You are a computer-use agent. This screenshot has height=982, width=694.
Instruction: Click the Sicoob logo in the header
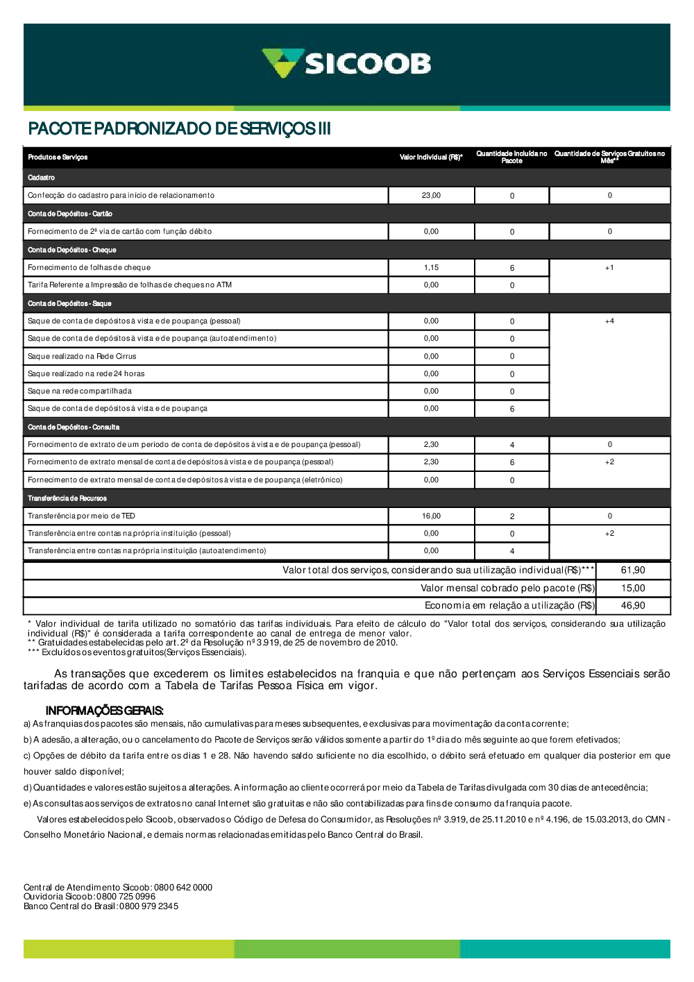click(346, 64)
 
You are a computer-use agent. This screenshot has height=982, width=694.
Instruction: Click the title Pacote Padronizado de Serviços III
click(179, 129)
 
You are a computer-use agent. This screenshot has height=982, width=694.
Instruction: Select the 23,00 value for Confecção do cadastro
click(431, 196)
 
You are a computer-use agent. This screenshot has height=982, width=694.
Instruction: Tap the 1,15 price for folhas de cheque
click(431, 268)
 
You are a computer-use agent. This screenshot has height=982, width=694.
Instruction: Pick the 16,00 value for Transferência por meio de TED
click(431, 516)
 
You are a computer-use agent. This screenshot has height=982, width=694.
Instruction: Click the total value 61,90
click(633, 570)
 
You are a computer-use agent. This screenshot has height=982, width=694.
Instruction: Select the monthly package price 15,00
click(633, 589)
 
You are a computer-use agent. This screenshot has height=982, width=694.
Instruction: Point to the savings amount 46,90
click(633, 606)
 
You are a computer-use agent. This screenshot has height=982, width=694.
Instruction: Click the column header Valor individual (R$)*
click(431, 158)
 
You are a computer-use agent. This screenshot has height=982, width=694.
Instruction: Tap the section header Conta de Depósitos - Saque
click(69, 304)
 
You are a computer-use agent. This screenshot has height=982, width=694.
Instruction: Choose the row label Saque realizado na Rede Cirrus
click(82, 357)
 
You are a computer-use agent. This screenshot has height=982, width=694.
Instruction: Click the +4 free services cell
click(609, 321)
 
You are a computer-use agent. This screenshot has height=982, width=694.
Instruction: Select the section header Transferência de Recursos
click(67, 499)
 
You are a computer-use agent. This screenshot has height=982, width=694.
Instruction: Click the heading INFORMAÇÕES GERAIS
click(104, 711)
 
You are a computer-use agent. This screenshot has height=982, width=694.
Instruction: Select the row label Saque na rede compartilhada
click(80, 391)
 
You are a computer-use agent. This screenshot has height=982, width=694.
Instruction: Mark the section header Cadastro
click(42, 178)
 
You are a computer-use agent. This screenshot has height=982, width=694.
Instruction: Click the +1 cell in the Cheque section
click(609, 268)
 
